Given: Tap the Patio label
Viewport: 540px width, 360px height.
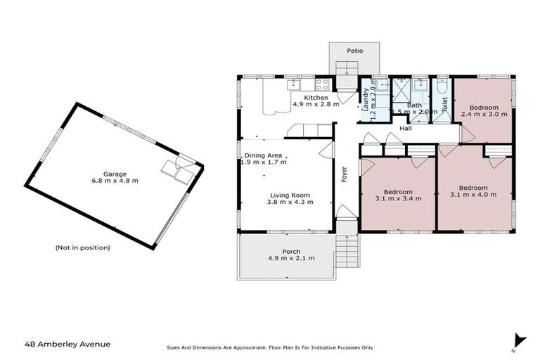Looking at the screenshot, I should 355,51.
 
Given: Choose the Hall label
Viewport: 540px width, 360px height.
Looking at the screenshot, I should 406,129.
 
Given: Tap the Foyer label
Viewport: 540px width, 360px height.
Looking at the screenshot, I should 345,174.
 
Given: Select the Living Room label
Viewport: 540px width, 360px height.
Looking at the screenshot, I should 290,195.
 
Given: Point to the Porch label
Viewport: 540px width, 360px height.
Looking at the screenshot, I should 291,251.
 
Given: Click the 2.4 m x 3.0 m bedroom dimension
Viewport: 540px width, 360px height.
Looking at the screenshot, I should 484,113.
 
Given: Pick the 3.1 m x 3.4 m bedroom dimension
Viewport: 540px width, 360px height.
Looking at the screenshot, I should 397,198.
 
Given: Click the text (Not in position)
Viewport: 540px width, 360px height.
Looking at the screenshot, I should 82,247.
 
